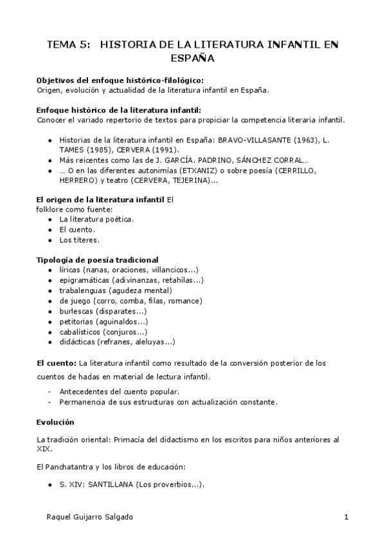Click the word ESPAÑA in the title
click(x=192, y=58)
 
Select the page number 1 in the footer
click(x=346, y=517)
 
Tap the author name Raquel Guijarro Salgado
click(x=91, y=517)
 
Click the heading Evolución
click(x=56, y=422)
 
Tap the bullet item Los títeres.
click(x=80, y=240)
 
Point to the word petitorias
click(x=76, y=322)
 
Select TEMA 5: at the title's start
click(x=68, y=44)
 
